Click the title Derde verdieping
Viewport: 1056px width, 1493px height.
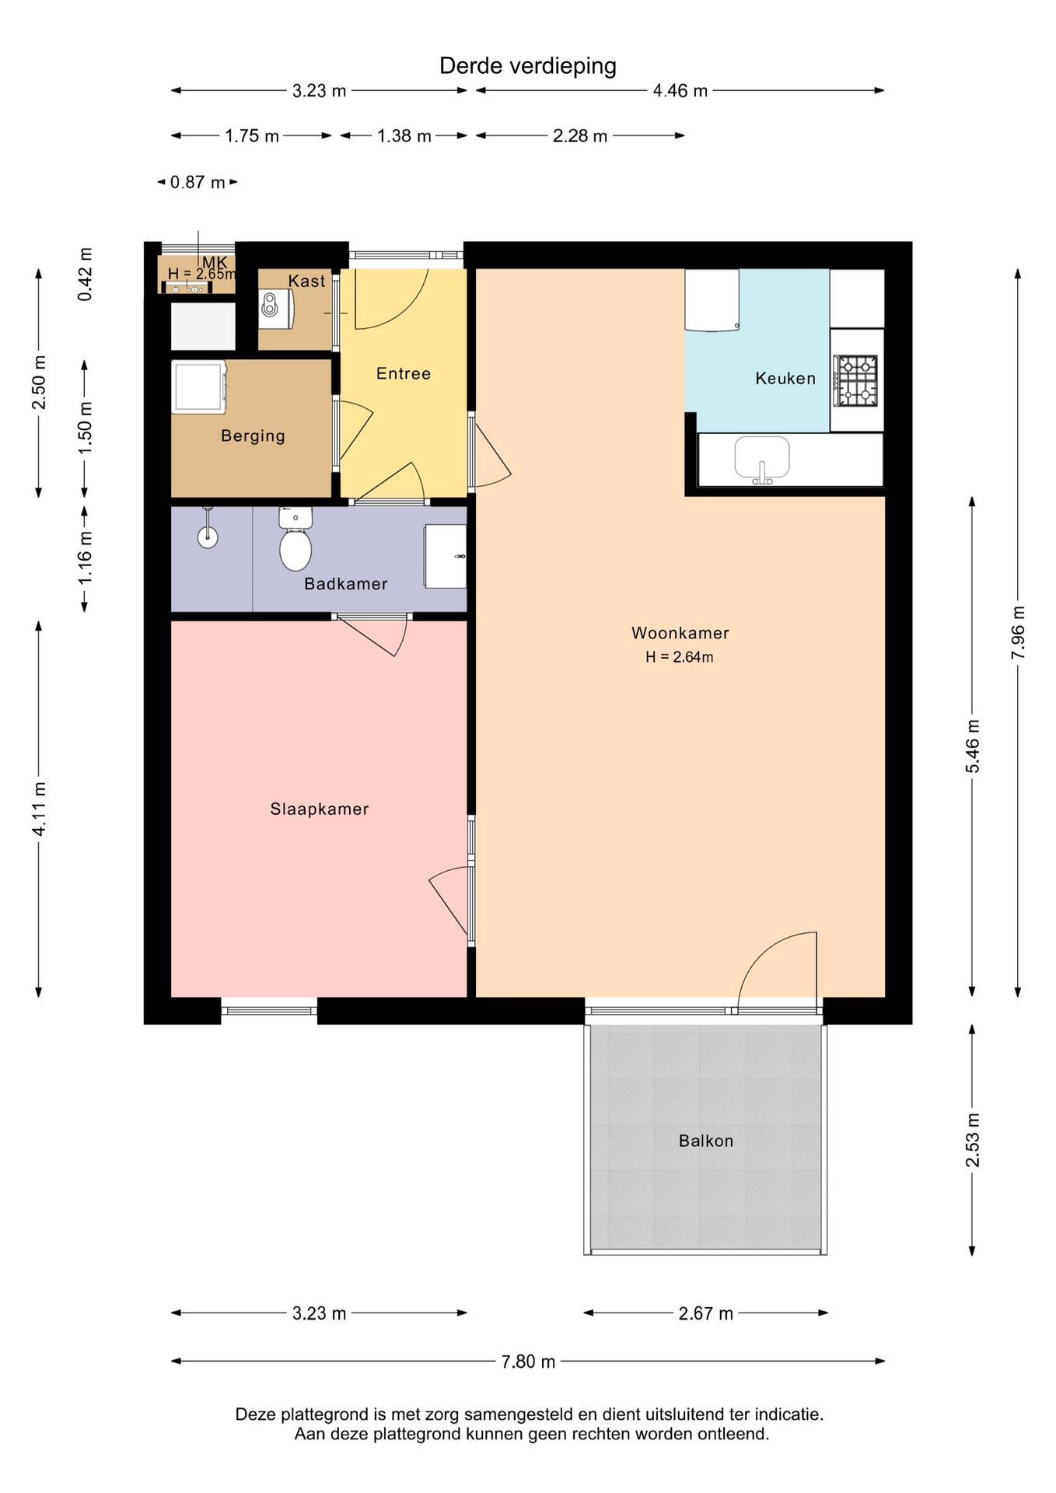coord(528,66)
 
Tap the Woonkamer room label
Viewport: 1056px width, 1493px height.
coord(680,633)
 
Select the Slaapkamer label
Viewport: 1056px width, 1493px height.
coord(320,809)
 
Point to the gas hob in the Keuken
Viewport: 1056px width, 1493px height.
coord(856,381)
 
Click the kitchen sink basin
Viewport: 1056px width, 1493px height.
coord(762,459)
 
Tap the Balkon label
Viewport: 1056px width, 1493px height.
coord(706,1141)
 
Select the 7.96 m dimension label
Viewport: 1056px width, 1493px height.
coord(1018,632)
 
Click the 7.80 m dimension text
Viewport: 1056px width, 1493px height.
coord(529,1362)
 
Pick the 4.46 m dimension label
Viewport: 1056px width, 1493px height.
coord(680,90)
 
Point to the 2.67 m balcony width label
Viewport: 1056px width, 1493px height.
coord(706,1313)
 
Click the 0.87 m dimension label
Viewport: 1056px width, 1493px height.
coord(198,182)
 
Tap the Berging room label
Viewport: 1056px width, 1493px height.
coord(253,436)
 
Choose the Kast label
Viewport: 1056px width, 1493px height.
coord(306,281)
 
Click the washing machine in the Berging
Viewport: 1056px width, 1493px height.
coord(199,386)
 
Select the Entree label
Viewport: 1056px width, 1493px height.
coord(404,373)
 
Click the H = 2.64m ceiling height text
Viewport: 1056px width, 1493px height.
coord(680,657)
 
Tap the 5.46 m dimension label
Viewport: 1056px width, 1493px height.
coord(973,746)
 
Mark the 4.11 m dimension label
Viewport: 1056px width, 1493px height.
coord(39,809)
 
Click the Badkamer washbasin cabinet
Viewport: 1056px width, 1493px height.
coord(445,556)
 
